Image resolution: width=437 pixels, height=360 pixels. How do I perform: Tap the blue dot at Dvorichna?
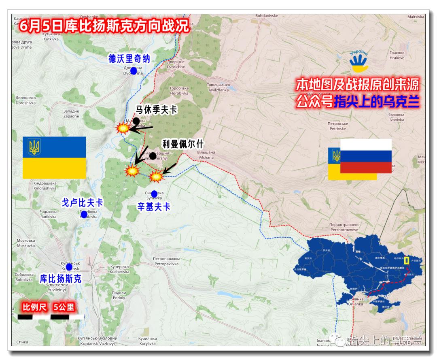click(x=134, y=71)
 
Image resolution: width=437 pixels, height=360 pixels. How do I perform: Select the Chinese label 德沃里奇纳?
click(x=129, y=59)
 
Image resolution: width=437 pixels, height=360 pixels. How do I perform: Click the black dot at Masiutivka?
click(x=136, y=121)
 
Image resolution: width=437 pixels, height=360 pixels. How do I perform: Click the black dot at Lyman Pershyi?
click(x=153, y=156)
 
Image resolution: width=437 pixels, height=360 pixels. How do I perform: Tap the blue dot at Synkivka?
click(x=154, y=194)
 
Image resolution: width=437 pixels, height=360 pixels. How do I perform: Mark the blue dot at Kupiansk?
click(x=69, y=267)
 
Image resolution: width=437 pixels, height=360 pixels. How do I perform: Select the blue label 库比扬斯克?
click(x=61, y=279)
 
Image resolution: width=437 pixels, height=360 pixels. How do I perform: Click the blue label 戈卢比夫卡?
click(x=82, y=202)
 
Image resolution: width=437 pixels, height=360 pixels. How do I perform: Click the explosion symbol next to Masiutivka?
click(x=123, y=128)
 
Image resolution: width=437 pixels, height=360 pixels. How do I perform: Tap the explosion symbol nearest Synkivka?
click(x=155, y=176)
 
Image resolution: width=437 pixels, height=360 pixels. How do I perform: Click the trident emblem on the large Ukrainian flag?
click(x=34, y=147)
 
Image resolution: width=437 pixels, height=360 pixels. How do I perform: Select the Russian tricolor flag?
click(x=366, y=156)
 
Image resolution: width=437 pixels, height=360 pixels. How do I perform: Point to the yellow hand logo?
click(x=359, y=61)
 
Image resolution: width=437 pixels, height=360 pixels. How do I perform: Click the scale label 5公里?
click(x=64, y=307)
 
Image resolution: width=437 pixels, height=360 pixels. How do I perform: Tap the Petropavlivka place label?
click(x=166, y=261)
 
